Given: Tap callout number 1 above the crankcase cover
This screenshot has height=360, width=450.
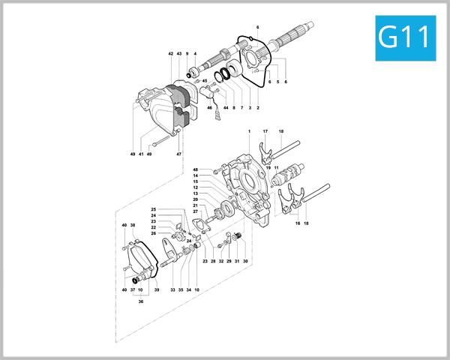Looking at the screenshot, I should (248, 132).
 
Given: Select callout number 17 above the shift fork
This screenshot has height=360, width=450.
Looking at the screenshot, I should (265, 132).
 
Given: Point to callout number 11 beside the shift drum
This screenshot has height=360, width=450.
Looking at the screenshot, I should (276, 168).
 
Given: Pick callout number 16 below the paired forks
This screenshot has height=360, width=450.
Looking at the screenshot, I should (298, 223).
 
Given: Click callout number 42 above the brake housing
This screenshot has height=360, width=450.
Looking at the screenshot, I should (170, 54).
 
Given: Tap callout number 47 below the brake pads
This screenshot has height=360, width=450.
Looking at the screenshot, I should (179, 154).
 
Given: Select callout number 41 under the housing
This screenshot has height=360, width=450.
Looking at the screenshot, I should (140, 154).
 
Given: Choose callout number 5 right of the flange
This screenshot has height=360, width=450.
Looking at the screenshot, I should (277, 82).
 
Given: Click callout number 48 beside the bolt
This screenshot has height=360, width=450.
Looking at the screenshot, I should (195, 169).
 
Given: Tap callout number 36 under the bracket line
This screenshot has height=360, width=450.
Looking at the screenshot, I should (140, 302).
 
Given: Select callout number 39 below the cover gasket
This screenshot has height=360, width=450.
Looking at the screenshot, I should (157, 289).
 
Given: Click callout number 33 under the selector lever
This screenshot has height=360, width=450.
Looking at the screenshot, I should (172, 289).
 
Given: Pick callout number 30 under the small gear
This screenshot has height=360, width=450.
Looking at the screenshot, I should (245, 261).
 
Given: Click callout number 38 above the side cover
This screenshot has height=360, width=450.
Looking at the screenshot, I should (133, 225).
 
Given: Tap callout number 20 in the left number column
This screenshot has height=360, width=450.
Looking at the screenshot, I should (195, 199).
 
